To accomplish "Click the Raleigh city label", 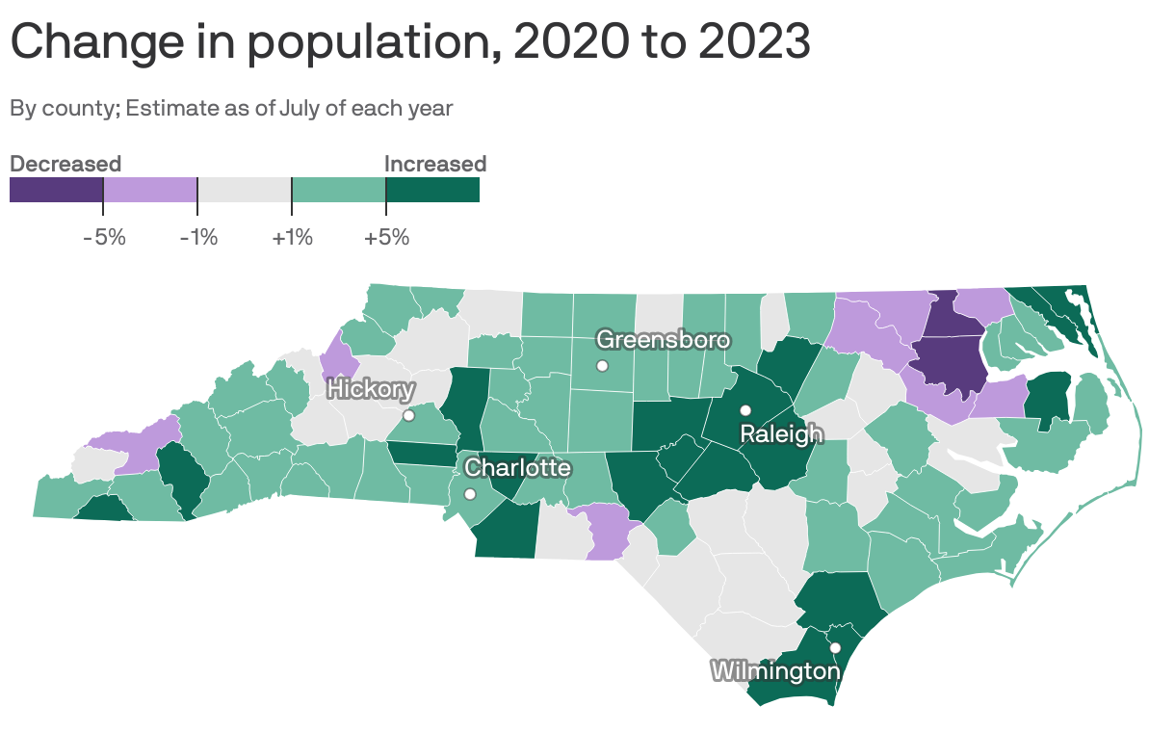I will (x=781, y=434).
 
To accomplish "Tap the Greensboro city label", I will (x=663, y=339).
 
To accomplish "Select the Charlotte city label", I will (x=517, y=468).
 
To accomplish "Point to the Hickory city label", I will (x=371, y=390).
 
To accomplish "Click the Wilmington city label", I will (x=775, y=670).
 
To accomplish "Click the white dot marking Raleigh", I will (x=745, y=410).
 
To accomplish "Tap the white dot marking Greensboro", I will (x=602, y=365).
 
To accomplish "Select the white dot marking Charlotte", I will (x=469, y=494).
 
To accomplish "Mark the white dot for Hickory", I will (x=408, y=416).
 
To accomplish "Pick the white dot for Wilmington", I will (x=836, y=647).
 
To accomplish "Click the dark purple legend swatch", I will (x=56, y=190).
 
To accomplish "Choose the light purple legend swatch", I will (x=150, y=190).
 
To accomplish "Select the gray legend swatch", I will (x=245, y=190).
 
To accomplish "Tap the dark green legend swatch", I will (x=432, y=190).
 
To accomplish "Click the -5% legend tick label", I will (x=104, y=237).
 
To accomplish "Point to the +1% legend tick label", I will (x=293, y=237).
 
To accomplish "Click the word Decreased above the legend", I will (x=65, y=164).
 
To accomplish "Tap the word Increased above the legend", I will (x=435, y=164).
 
